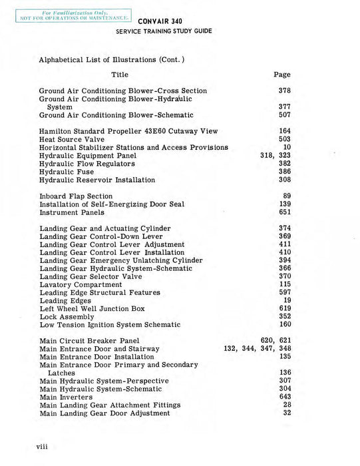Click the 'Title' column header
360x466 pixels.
120,75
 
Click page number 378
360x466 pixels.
284,91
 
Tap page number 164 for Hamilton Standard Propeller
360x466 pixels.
284,131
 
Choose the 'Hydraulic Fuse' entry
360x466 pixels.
67,172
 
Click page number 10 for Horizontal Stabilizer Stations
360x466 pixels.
287,147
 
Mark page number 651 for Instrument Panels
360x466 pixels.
284,212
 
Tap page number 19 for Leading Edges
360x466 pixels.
287,301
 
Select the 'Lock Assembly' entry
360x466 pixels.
67,317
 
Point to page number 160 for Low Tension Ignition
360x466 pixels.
284,325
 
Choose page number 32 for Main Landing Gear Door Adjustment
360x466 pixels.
287,413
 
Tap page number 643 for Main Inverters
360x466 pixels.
284,397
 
